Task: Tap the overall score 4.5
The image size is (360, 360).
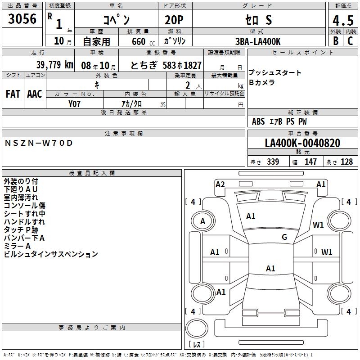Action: (342, 21)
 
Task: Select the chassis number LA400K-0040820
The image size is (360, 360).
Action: (302, 143)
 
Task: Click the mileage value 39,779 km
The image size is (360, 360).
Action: (54, 65)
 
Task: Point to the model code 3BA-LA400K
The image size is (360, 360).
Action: (258, 41)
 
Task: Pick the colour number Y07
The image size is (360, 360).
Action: (75, 103)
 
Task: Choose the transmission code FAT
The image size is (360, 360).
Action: (13, 94)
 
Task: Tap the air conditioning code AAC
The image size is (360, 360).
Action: (35, 94)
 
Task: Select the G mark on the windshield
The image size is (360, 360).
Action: (284, 237)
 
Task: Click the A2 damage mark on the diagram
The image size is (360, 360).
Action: (220, 184)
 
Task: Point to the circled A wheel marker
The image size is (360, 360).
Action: (203, 221)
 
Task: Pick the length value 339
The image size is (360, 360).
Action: (273, 162)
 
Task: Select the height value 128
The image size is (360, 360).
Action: (346, 162)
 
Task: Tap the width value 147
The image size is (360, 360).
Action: (310, 162)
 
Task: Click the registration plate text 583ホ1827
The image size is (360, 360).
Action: (182, 65)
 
